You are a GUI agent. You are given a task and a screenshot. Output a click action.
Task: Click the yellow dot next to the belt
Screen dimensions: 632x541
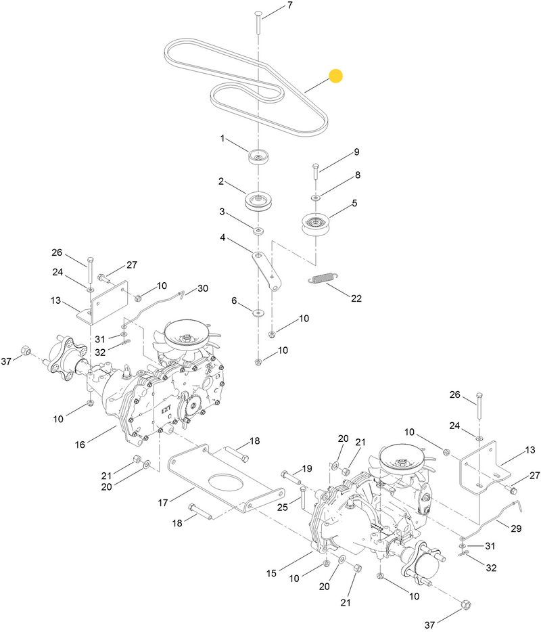(x=335, y=76)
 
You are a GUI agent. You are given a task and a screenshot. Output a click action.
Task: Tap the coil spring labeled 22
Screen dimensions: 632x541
(x=322, y=278)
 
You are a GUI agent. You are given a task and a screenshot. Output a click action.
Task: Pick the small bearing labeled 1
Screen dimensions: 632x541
(x=259, y=157)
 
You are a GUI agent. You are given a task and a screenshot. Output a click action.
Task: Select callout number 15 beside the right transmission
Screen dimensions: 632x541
(x=271, y=574)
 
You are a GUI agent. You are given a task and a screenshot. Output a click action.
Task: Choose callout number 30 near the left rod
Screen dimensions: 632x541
(x=203, y=289)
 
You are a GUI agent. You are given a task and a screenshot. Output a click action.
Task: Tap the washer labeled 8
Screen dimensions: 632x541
(x=315, y=197)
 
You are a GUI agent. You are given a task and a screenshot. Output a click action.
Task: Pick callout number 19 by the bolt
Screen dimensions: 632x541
(x=306, y=468)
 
